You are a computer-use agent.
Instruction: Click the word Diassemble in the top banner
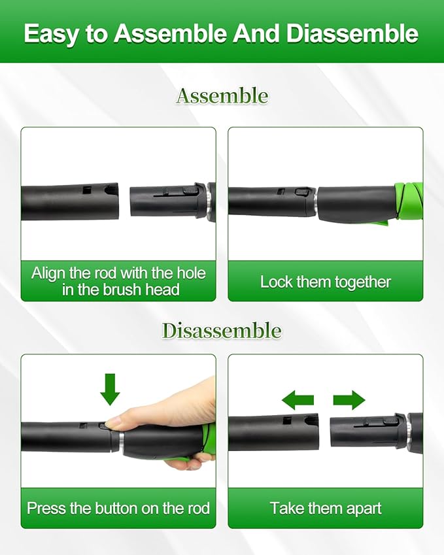352,34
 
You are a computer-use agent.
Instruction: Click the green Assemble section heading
222,96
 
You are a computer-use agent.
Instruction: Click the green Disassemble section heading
222,331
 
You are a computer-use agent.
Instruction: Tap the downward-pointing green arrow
110,389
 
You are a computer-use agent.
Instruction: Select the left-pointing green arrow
298,399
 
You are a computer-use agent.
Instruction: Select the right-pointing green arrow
349,399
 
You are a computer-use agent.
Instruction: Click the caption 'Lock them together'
325,282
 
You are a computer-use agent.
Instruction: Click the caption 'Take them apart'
325,508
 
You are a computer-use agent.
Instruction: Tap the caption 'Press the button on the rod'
118,508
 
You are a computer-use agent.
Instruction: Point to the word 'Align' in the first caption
48,273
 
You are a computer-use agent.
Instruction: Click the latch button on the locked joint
302,192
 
